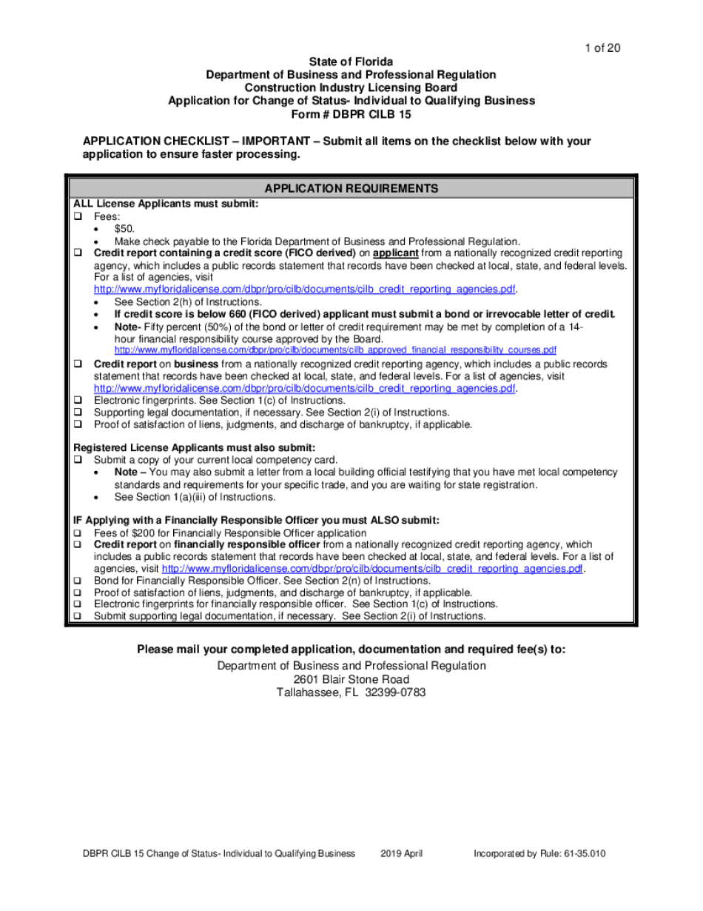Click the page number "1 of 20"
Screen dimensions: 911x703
[602, 48]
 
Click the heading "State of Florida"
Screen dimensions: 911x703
[351, 61]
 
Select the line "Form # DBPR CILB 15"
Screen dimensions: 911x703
[351, 115]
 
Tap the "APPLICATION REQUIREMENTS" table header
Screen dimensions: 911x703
[351, 188]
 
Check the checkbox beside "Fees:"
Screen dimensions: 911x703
[77, 217]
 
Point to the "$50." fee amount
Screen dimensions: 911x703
[124, 229]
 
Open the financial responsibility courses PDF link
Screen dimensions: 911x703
[334, 350]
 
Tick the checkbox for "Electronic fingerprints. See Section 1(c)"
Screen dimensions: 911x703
[77, 400]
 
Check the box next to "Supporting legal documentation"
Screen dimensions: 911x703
[77, 413]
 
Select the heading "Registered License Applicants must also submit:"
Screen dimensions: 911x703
[195, 447]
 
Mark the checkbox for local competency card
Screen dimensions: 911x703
[77, 459]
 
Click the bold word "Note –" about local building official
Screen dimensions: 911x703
[130, 472]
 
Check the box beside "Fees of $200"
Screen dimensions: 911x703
[77, 533]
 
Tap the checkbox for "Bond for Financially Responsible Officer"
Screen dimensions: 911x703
[77, 581]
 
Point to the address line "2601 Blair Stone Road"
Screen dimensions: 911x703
[351, 679]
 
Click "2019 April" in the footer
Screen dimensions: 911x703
[402, 854]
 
